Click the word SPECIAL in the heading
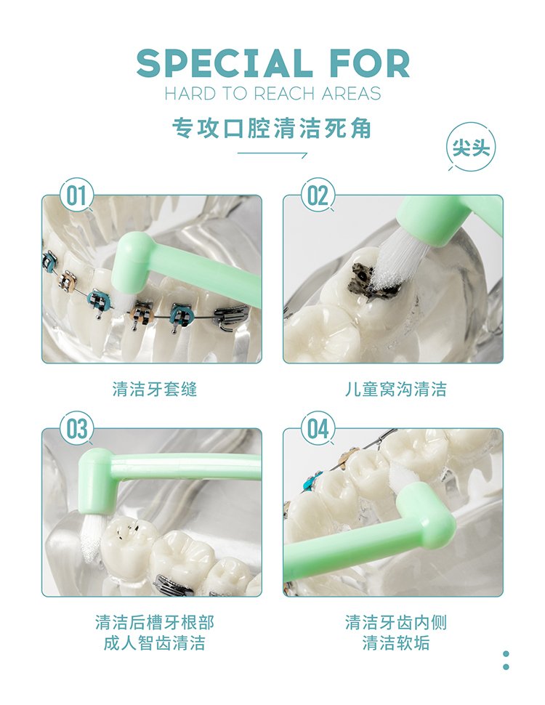pyautogui.click(x=225, y=63)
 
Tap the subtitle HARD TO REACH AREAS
pyautogui.click(x=272, y=94)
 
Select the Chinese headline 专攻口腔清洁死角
pyautogui.click(x=272, y=129)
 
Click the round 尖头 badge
pyautogui.click(x=471, y=147)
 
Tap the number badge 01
pyautogui.click(x=76, y=196)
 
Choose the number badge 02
pyautogui.click(x=318, y=196)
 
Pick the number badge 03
pyautogui.click(x=76, y=429)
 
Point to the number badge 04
pyautogui.click(x=318, y=429)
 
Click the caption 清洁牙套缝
pyautogui.click(x=155, y=389)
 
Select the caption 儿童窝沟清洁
pyautogui.click(x=396, y=389)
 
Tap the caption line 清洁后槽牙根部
pyautogui.click(x=155, y=622)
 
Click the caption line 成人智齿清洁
pyautogui.click(x=155, y=642)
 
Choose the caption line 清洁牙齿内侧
pyautogui.click(x=396, y=622)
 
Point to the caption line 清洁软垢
pyautogui.click(x=396, y=642)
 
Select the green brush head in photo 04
pyautogui.click(x=428, y=508)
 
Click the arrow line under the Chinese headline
pyautogui.click(x=272, y=153)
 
